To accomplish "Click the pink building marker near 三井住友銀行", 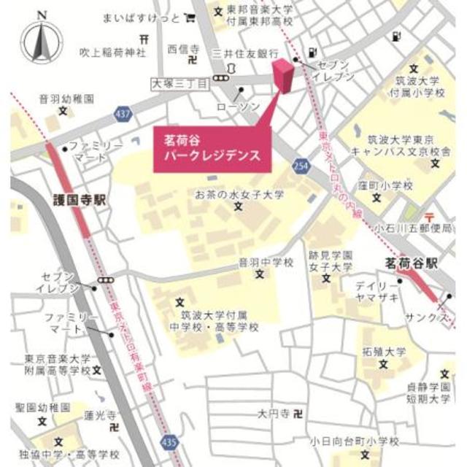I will point(283,76).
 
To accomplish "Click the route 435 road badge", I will point(169,443).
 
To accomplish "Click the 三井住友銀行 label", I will point(246,54).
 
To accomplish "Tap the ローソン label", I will point(238,107).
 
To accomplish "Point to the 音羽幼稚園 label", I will point(67,98).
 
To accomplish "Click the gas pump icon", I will point(313,52).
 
